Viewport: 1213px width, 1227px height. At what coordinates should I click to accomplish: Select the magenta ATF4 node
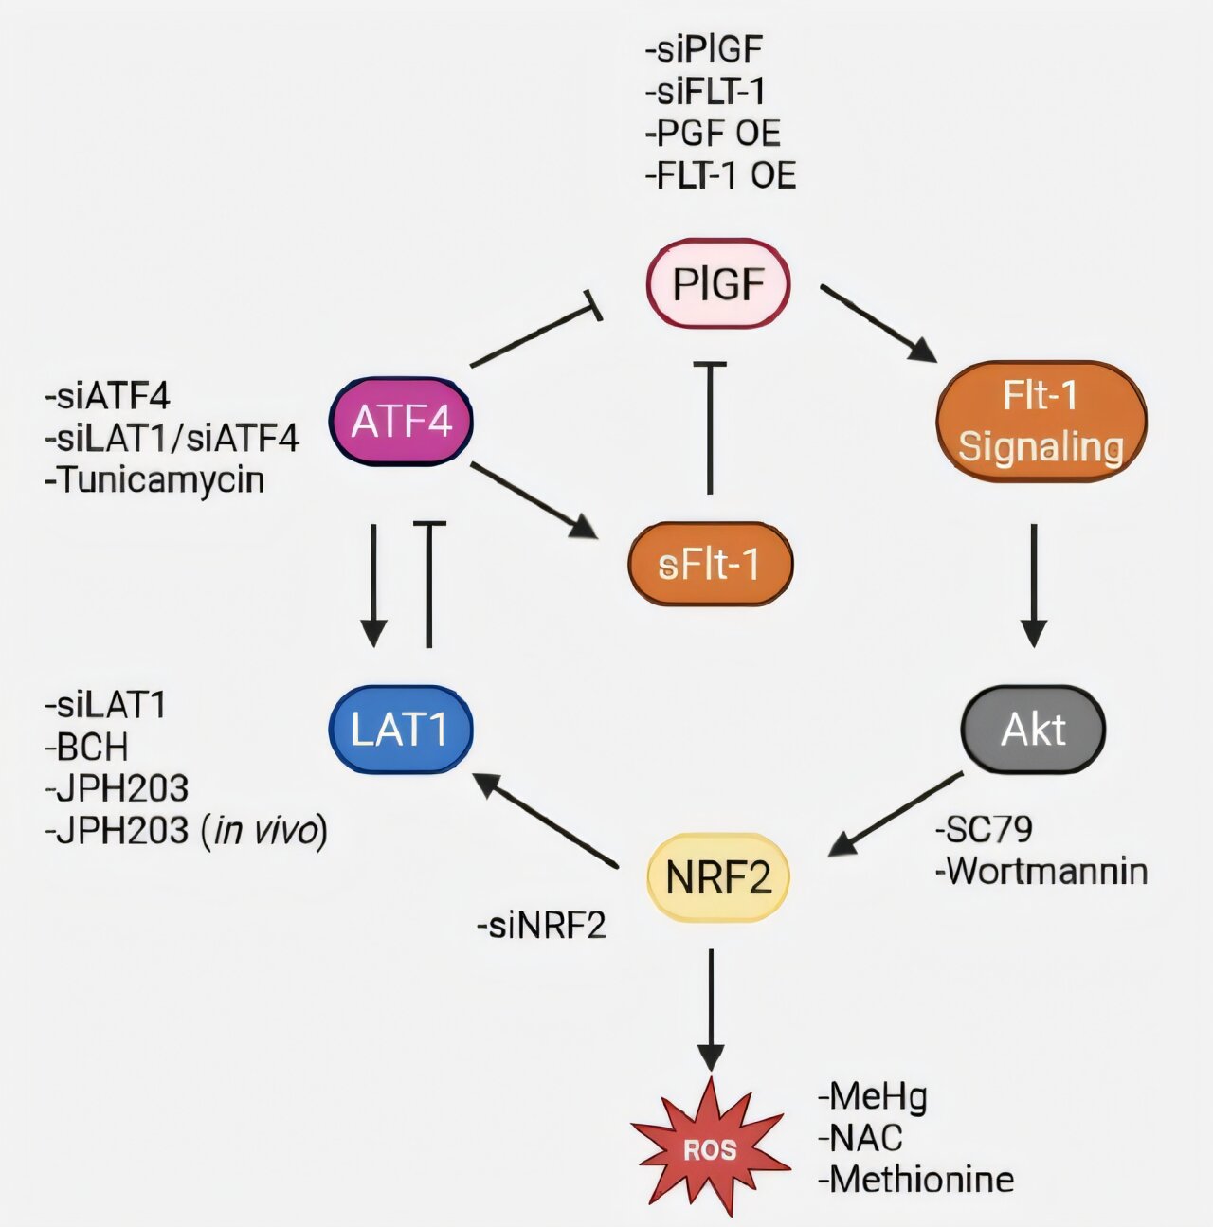401,422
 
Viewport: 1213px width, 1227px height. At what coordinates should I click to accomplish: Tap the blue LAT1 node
400,730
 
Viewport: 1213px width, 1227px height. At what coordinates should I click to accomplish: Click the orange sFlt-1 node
710,565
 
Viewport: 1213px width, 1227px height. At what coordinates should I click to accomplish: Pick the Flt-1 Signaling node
1041,422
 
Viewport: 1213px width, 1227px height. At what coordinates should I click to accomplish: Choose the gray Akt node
1033,730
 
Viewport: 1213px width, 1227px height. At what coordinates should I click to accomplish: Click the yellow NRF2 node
717,878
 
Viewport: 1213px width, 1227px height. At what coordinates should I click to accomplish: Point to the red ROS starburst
711,1148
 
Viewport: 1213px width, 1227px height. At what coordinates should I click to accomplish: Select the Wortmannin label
1041,871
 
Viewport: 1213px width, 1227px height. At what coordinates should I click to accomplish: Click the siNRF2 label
541,925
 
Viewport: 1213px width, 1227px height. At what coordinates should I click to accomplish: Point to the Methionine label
915,1180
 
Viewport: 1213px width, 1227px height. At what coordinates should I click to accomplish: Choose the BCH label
86,747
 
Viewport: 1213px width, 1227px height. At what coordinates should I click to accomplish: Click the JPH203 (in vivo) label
186,830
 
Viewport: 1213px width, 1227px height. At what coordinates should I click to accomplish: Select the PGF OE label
713,134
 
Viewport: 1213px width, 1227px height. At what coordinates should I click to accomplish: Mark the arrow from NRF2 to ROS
711,1009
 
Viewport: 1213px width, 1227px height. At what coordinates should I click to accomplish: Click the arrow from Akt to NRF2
896,815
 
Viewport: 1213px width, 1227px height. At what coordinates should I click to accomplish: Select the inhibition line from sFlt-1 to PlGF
710,426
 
